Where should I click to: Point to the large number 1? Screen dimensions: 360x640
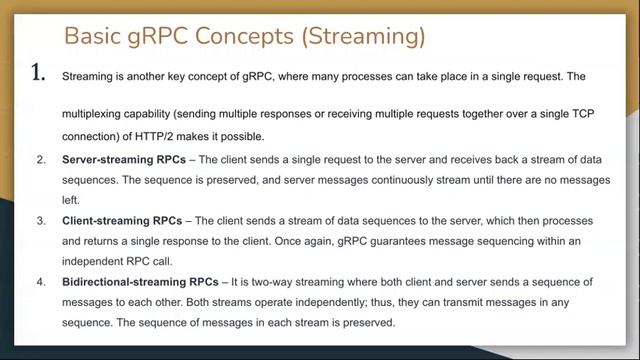39,73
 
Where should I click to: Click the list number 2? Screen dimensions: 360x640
41,160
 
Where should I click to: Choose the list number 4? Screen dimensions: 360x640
41,283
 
